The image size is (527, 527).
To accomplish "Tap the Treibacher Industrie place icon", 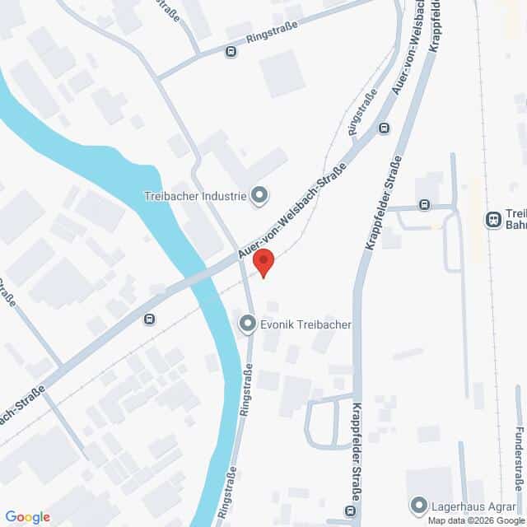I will [x=259, y=195].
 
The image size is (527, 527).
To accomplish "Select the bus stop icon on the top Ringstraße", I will [x=231, y=51].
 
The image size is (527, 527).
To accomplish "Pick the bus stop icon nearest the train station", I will [x=424, y=204].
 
